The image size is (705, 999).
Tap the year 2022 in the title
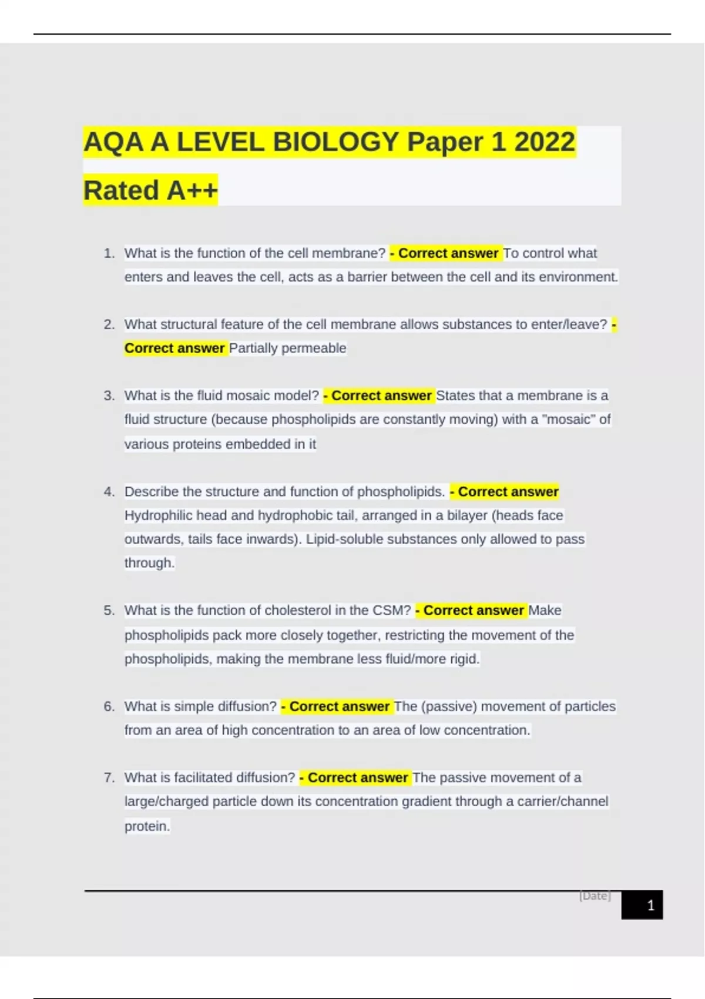click(x=545, y=142)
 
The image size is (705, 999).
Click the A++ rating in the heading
click(x=192, y=190)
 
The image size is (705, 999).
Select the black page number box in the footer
click(x=642, y=905)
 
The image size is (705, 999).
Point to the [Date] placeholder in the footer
click(x=595, y=896)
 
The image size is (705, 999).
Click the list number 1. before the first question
click(x=109, y=253)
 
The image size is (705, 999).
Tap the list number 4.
click(x=109, y=491)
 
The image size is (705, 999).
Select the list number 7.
click(x=109, y=777)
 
